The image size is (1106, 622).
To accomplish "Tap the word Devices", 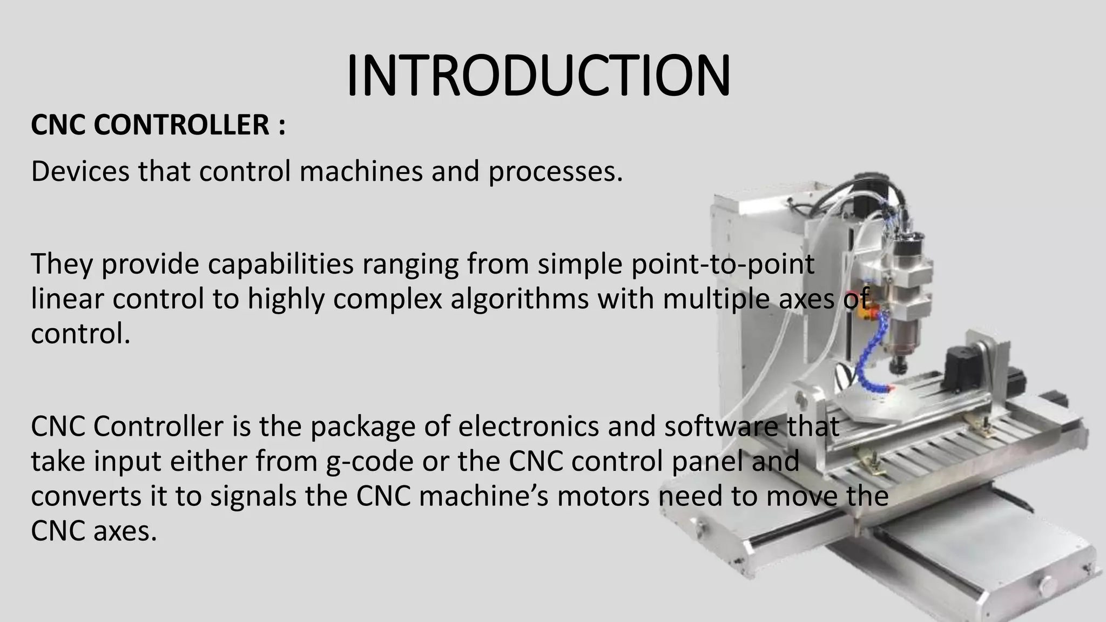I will pyautogui.click(x=80, y=171).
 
